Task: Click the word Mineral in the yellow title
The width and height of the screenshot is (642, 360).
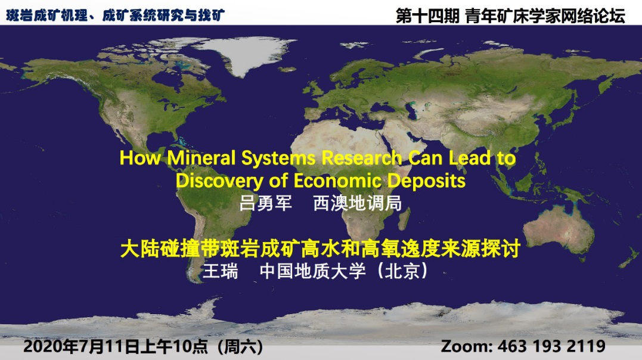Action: click(x=201, y=158)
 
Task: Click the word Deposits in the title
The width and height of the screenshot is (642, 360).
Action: click(x=426, y=181)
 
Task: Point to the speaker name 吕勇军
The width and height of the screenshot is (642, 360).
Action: click(x=265, y=203)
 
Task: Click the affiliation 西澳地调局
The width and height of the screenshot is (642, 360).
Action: click(x=358, y=203)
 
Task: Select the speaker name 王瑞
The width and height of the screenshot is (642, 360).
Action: click(x=221, y=271)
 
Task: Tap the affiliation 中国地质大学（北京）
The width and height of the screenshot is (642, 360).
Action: click(x=344, y=271)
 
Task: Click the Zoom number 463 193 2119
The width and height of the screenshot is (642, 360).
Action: click(x=551, y=346)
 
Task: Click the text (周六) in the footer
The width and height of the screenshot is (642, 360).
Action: click(x=240, y=346)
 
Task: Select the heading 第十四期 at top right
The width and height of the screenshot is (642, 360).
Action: click(x=427, y=15)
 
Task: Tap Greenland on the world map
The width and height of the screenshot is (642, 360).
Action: click(x=246, y=53)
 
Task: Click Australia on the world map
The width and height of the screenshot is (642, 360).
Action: click(x=559, y=229)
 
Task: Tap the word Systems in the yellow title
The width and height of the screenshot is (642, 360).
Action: click(x=278, y=159)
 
